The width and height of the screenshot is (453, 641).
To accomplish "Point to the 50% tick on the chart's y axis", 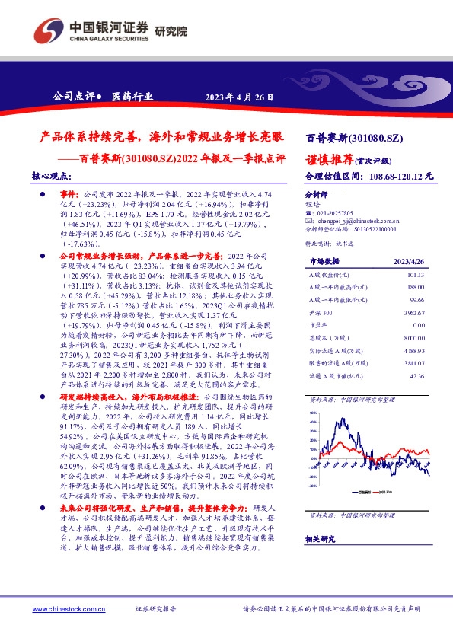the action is pos(314,411).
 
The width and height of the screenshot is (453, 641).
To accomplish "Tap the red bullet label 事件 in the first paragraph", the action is pos(69,195).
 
